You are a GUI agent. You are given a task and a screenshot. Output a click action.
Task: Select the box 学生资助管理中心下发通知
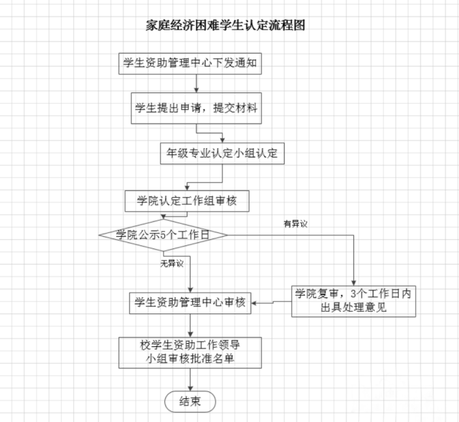191,63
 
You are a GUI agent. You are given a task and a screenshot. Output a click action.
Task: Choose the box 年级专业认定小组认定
223,154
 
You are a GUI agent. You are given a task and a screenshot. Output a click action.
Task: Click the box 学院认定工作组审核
187,201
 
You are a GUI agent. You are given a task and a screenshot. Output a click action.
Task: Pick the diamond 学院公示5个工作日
164,235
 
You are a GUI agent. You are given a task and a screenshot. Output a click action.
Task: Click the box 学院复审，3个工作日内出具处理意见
353,300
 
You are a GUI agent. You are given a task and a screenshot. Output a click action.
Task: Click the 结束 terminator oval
190,401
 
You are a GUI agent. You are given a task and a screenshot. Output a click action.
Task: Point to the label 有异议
295,223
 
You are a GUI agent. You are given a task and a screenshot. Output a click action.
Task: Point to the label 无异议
172,264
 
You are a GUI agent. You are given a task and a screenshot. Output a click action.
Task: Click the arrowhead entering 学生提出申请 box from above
197,94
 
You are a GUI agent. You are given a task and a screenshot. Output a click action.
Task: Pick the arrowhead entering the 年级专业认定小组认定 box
223,140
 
